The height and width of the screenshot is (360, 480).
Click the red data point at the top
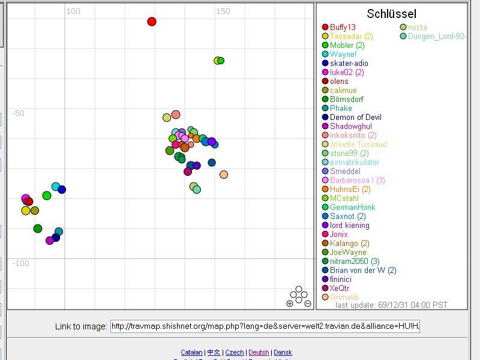[152, 22]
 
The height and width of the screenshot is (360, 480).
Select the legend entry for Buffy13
[343, 27]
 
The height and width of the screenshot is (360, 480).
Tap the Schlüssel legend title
[391, 14]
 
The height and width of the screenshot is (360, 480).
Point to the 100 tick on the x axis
[73, 11]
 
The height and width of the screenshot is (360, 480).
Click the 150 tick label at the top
[223, 11]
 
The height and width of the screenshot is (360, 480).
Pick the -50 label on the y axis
[18, 113]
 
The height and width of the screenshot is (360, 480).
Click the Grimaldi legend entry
[344, 297]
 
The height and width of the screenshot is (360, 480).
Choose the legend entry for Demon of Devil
[355, 117]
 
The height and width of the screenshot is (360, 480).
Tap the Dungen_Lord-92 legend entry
[436, 36]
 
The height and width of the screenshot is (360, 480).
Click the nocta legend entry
[418, 27]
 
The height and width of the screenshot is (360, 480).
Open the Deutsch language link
[259, 352]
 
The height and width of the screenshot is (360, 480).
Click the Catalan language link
[191, 352]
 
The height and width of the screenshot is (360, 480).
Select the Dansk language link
[283, 352]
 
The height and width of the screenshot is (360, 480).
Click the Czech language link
[235, 352]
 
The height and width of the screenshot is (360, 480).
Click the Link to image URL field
[265, 326]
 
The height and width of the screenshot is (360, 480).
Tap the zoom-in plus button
[290, 304]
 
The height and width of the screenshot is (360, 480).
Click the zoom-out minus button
[308, 304]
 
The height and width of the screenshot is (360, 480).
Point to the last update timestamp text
[391, 305]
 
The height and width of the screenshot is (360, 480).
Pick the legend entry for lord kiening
[350, 225]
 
